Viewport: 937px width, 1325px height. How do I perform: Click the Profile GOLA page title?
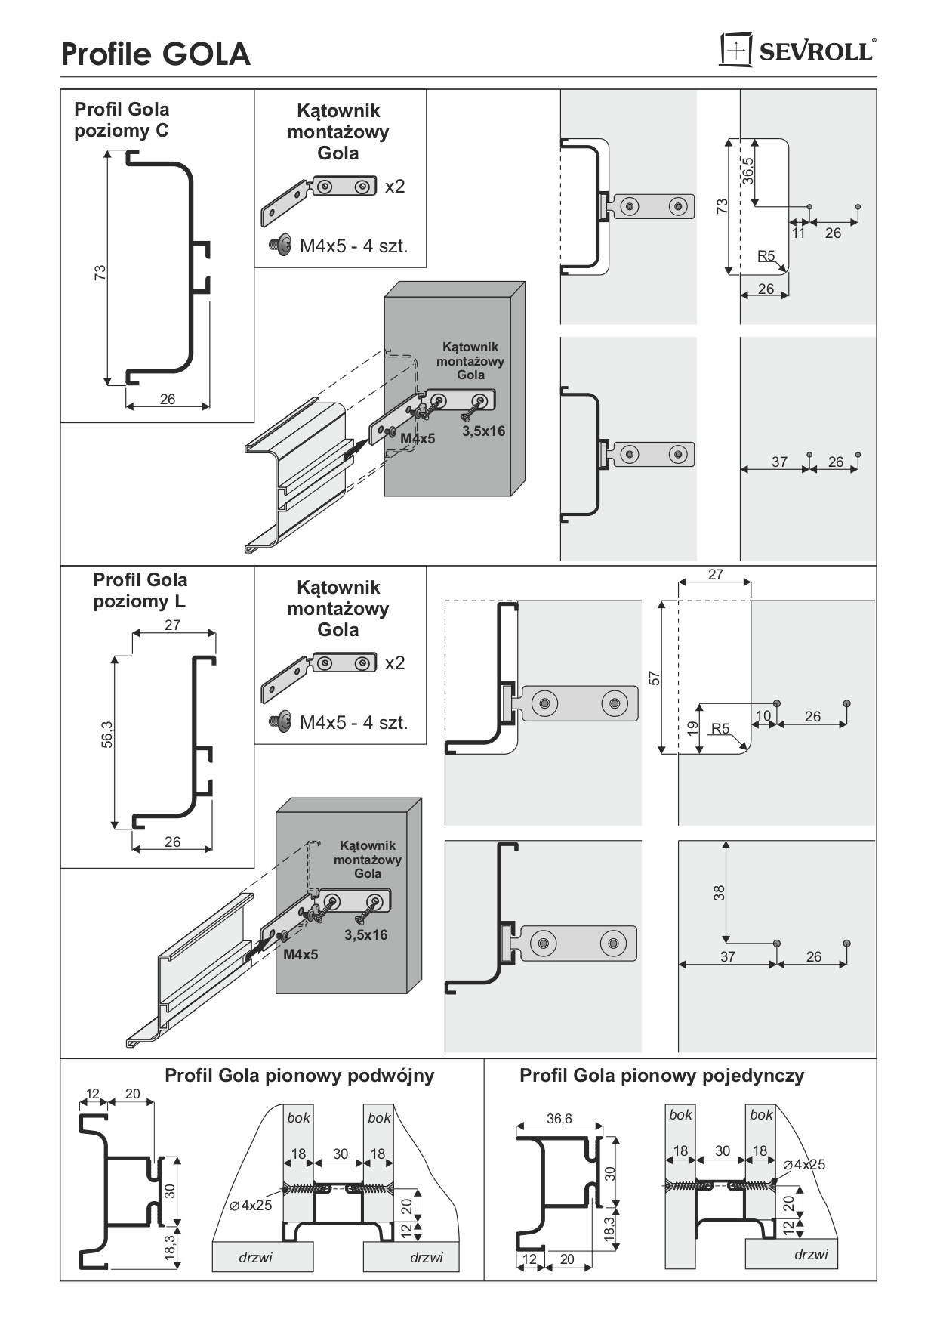pyautogui.click(x=156, y=54)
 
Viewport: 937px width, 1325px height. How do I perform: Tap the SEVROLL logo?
pyautogui.click(x=798, y=51)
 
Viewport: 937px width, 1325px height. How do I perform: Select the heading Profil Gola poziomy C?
pyautogui.click(x=122, y=120)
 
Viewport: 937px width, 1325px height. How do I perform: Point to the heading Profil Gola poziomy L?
pyautogui.click(x=140, y=591)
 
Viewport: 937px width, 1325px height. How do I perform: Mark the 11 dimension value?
pyautogui.click(x=799, y=233)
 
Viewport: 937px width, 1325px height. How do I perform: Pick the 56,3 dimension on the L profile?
pyautogui.click(x=106, y=734)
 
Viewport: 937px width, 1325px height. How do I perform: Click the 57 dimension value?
pyautogui.click(x=655, y=678)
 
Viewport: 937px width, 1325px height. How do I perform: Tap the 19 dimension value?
pyautogui.click(x=692, y=729)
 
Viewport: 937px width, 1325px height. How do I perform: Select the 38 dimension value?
pyautogui.click(x=720, y=893)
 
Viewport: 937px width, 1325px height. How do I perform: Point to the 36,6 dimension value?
pyautogui.click(x=559, y=1119)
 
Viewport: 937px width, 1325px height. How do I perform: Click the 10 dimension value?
pyautogui.click(x=763, y=716)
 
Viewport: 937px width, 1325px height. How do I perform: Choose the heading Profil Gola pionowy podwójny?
pyautogui.click(x=300, y=1076)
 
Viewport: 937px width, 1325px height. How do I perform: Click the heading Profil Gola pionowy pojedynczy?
pyautogui.click(x=661, y=1076)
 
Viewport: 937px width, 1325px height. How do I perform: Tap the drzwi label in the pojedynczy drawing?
pyautogui.click(x=810, y=1255)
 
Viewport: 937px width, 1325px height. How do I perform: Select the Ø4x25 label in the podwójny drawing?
pyautogui.click(x=251, y=1206)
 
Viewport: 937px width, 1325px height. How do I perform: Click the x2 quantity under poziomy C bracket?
pyautogui.click(x=395, y=187)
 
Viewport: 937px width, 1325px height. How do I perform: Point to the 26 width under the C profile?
pyautogui.click(x=168, y=399)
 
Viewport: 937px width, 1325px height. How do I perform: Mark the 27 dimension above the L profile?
pyautogui.click(x=172, y=625)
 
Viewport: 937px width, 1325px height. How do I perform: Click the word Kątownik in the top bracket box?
pyautogui.click(x=338, y=111)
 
